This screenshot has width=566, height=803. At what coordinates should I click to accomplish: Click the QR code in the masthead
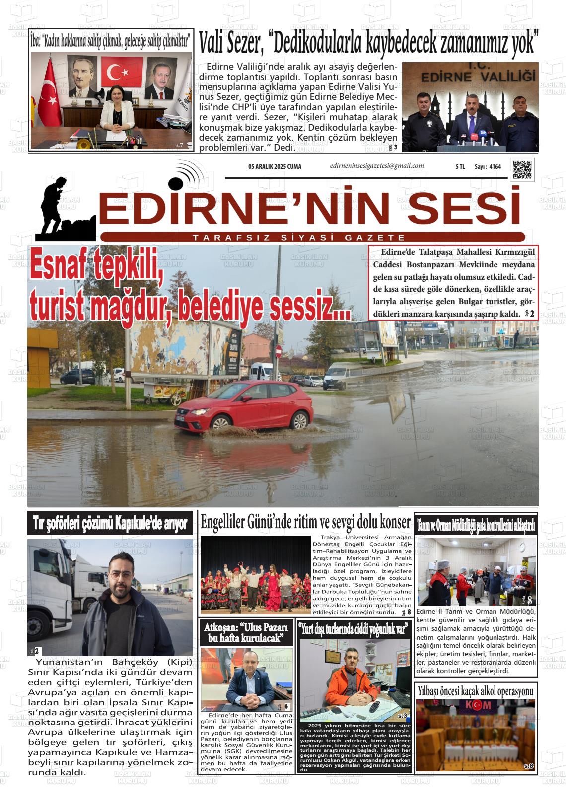click(522, 169)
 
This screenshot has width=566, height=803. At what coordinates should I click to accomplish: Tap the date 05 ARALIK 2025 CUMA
click(275, 167)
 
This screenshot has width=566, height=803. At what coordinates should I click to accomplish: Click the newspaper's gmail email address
click(377, 166)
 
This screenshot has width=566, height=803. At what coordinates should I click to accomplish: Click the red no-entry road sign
click(278, 352)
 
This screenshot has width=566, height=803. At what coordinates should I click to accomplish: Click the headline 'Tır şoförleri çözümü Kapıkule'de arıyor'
click(110, 523)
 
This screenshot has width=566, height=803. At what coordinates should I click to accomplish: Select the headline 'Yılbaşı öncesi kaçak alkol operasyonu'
click(475, 691)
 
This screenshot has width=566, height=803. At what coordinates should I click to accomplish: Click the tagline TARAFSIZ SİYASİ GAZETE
click(299, 238)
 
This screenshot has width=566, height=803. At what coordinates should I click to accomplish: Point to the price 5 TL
click(460, 167)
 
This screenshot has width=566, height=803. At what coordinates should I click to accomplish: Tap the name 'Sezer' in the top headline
click(245, 44)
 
